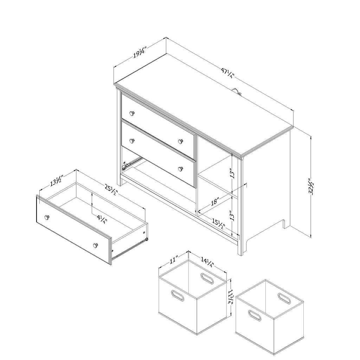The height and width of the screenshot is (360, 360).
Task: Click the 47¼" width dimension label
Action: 227,73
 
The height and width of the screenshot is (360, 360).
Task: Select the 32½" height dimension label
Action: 311,186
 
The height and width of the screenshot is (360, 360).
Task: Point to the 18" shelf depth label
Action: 215,201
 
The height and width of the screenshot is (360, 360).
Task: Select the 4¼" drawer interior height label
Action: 102,219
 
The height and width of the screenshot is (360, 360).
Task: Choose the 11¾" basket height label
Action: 230,296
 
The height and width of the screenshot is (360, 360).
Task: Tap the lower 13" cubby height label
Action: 233,216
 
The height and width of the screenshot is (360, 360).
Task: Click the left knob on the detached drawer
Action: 47,217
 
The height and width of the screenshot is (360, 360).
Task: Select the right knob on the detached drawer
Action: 96,245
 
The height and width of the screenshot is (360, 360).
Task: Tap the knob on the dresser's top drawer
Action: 132,113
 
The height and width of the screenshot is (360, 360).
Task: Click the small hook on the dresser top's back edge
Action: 237,91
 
